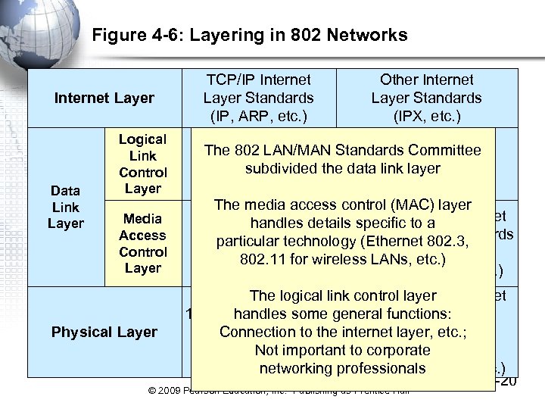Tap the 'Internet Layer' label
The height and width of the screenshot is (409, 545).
coord(104,98)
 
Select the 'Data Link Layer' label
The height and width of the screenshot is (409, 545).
coord(66,207)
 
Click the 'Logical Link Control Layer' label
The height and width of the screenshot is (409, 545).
coord(142,164)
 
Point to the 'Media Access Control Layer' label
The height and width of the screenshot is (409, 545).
coord(142,243)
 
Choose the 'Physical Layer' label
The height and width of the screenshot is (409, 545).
coord(104,332)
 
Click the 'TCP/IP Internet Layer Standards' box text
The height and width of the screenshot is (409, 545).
coord(258,89)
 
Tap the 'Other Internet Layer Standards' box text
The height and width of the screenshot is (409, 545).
coord(426,89)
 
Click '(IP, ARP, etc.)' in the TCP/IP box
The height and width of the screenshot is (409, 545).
coord(258,116)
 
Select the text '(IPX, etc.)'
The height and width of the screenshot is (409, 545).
coord(426,116)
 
